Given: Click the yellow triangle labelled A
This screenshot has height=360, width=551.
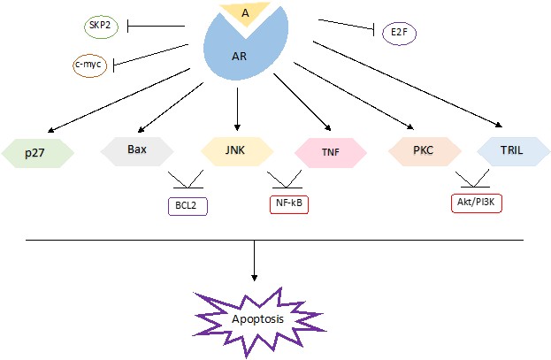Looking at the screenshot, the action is coord(245,13).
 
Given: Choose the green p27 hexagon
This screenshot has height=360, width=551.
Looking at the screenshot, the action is coord(38,153).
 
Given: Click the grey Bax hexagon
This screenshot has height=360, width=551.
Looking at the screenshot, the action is coord(137,151).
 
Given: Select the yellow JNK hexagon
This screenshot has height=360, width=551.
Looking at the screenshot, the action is coord(237,151).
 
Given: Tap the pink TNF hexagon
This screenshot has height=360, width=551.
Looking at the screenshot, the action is coord(331,152).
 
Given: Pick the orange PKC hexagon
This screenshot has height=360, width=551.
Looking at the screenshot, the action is coord(425,151).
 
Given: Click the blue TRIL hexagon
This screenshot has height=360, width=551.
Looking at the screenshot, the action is coord(513,151).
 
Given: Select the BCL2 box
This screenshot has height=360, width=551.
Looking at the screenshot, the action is coord(188,206).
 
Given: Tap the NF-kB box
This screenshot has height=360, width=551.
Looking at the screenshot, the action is coord(289,204).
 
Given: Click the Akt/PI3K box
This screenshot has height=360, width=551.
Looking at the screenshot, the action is coord(477,203).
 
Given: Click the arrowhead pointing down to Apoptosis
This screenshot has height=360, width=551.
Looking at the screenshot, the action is coord(254,278).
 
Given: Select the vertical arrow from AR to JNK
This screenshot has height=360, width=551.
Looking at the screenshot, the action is coord(237,109).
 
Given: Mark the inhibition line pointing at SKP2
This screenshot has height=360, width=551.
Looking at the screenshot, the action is coord(156,26).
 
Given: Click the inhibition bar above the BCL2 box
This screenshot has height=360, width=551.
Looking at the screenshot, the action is coord(187,188).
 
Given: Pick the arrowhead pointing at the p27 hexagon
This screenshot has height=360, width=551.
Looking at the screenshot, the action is coord(50,130).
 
